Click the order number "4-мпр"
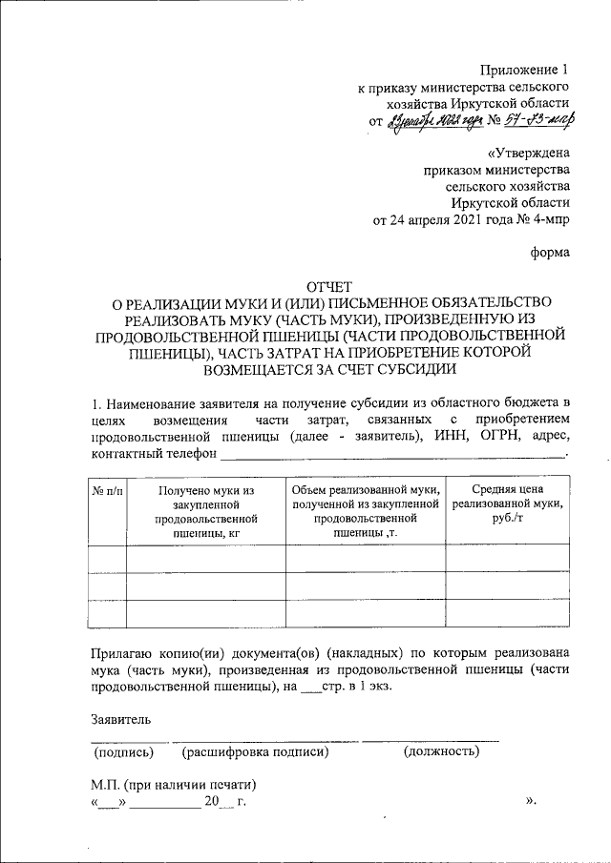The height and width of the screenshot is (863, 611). click(551, 219)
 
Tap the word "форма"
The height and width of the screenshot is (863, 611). click(550, 253)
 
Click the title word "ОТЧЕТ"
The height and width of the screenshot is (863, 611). click(329, 286)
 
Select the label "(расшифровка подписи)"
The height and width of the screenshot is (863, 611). click(255, 752)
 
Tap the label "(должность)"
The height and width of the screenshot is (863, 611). click(441, 752)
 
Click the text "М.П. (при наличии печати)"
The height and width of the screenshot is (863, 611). click(173, 785)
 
